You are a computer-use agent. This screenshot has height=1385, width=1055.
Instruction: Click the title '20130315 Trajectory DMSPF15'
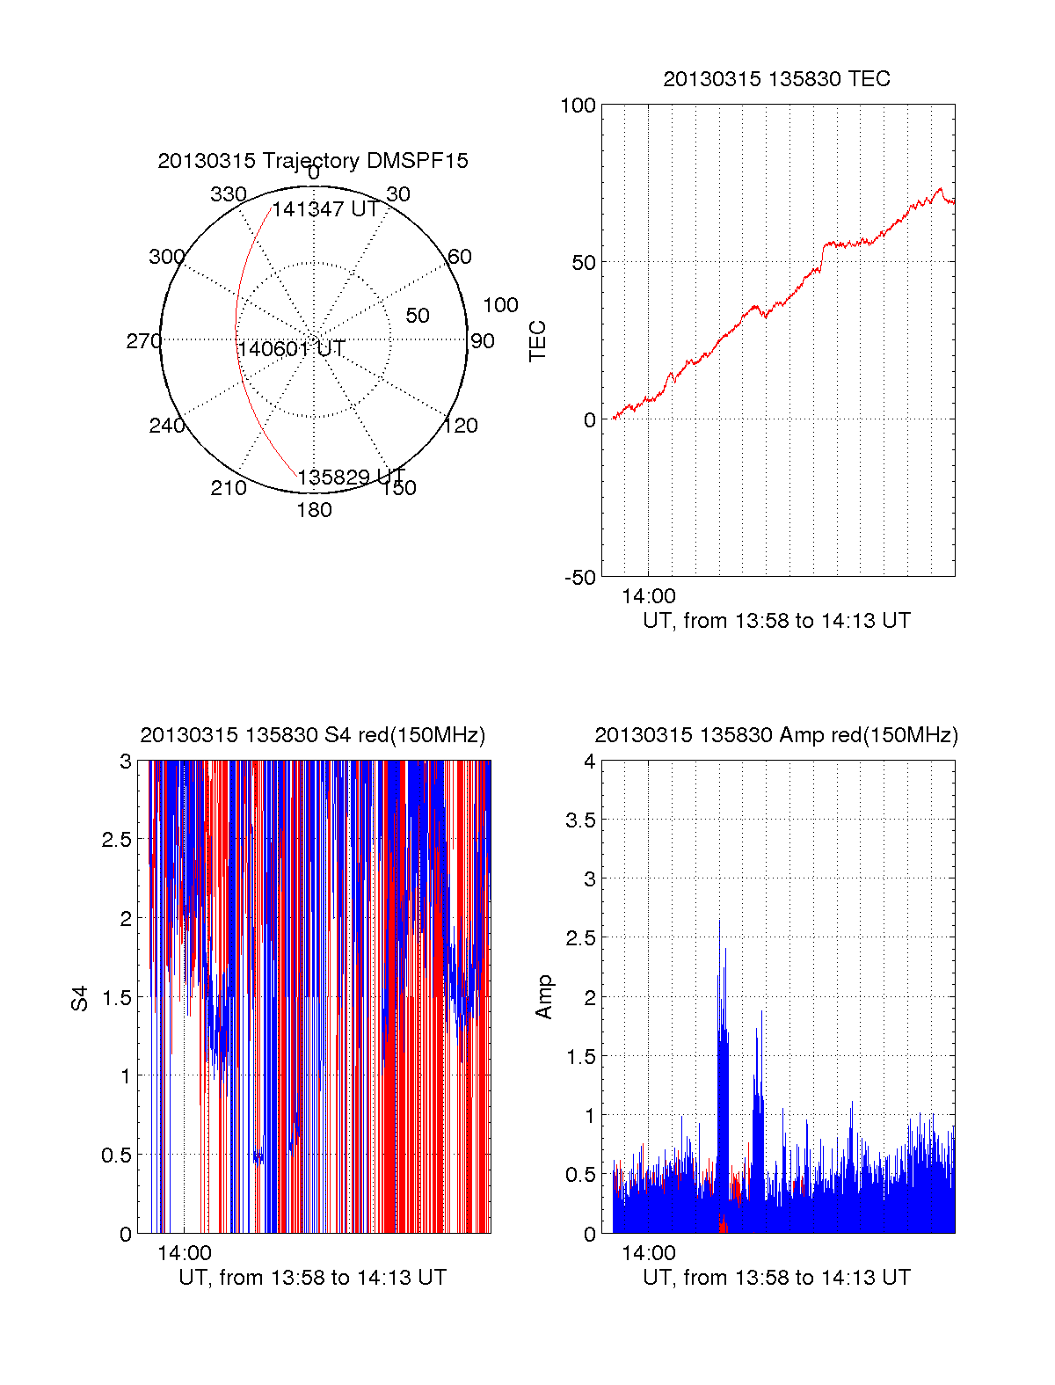coord(313,161)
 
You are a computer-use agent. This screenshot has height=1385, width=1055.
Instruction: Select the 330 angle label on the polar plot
coord(229,194)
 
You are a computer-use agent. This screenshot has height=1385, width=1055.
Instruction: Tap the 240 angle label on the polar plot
coord(167,426)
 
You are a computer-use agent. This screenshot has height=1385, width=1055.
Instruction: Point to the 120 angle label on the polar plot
coord(461,426)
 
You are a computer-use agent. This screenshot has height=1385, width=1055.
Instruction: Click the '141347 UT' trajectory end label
coord(325,209)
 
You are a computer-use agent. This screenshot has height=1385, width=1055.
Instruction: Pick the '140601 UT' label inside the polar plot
coord(291,349)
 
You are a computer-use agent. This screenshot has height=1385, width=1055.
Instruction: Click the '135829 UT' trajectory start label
coord(351,477)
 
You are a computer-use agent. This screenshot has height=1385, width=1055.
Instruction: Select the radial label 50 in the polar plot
coord(418,316)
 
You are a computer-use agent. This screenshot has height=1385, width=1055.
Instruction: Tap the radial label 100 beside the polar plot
coord(500,305)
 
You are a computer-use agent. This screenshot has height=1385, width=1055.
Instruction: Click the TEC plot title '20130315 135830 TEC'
coord(776,79)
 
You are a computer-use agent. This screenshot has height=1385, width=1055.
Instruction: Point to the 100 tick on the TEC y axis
coord(578,106)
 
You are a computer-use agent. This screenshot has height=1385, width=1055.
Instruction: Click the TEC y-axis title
coord(538,340)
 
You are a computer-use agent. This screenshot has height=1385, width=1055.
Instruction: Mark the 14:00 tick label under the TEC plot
coord(649,596)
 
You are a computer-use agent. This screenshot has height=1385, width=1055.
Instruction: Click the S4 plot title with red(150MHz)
coord(313,735)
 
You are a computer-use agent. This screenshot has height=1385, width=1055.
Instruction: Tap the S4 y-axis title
coord(80,998)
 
